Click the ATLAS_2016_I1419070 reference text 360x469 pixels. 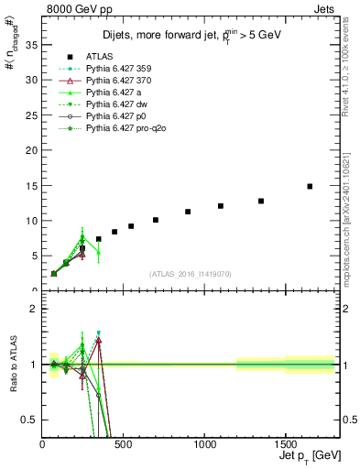pos(190,274)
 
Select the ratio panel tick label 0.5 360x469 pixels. pos(28,420)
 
